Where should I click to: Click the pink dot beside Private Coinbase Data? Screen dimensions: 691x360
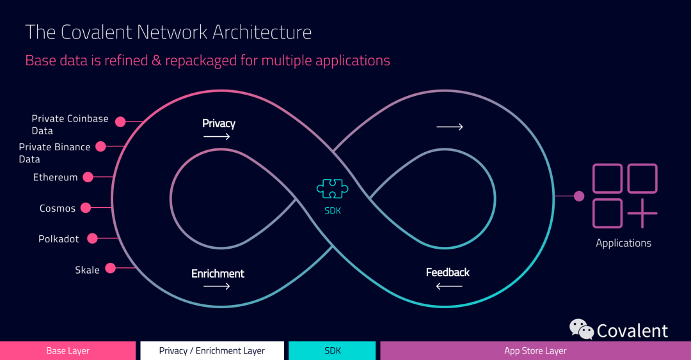pos(120,122)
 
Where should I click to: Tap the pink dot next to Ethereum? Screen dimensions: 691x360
pos(88,177)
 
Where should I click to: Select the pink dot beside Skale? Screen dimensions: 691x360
pos(111,268)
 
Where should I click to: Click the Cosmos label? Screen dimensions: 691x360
pos(58,208)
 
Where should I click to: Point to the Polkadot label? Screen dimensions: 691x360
pos(59,239)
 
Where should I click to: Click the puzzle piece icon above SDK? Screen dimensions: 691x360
pos(332,189)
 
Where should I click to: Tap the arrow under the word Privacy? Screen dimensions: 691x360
pos(217,137)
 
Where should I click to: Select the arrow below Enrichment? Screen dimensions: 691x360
pos(217,286)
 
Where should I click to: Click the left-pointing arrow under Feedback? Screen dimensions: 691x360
pos(449,286)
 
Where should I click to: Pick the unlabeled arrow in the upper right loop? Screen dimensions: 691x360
pos(450,127)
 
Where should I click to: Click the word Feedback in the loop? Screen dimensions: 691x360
pos(448,272)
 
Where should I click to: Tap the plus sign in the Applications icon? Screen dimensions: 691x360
pos(642,214)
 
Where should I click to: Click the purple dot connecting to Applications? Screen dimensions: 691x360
pos(579,196)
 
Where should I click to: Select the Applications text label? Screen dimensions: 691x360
pos(624,243)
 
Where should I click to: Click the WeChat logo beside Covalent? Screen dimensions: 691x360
pos(581,329)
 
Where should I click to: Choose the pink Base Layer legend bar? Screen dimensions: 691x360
pos(68,351)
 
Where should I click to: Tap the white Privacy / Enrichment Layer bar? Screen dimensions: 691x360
pos(212,351)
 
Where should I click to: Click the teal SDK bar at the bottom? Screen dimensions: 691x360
pos(332,351)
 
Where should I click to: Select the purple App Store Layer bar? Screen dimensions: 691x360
pos(536,351)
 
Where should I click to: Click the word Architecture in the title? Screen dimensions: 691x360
pos(262,32)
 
